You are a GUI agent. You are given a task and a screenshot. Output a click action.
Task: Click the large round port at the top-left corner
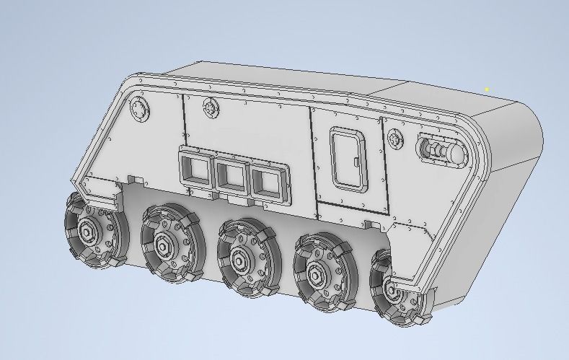(x=139, y=110)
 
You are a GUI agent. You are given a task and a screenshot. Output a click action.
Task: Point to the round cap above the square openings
(x=211, y=107)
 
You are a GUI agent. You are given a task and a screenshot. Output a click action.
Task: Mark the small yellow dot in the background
(x=488, y=89)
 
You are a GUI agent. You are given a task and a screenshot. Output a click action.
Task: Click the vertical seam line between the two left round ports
(x=183, y=115)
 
